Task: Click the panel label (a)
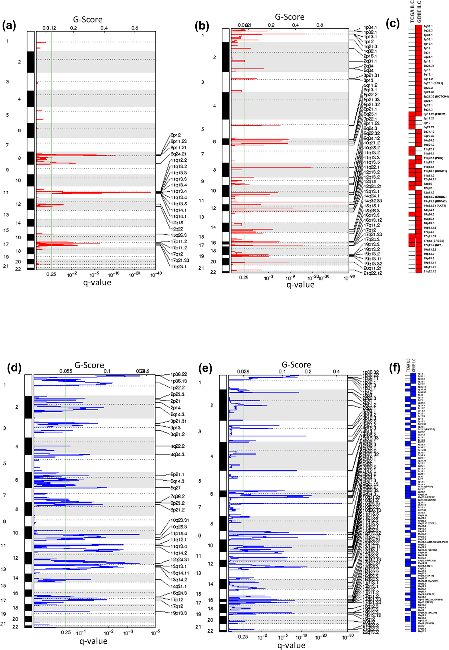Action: point(9,26)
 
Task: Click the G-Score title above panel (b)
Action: point(290,17)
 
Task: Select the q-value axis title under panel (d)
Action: point(93,641)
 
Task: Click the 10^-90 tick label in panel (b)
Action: point(349,278)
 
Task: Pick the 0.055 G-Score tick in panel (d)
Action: point(66,371)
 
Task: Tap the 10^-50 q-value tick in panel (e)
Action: point(348,636)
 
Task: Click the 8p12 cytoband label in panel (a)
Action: point(176,135)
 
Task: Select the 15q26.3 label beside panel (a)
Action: point(179,235)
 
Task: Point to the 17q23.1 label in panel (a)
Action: point(178,266)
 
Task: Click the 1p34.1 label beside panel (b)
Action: point(370,27)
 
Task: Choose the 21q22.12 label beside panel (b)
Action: point(373,273)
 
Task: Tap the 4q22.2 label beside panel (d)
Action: point(177,446)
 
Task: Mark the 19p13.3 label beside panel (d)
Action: point(178,613)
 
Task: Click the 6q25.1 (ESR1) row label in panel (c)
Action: point(433,83)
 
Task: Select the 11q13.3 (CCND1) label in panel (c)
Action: point(435,171)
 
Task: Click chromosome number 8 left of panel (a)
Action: point(19,158)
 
